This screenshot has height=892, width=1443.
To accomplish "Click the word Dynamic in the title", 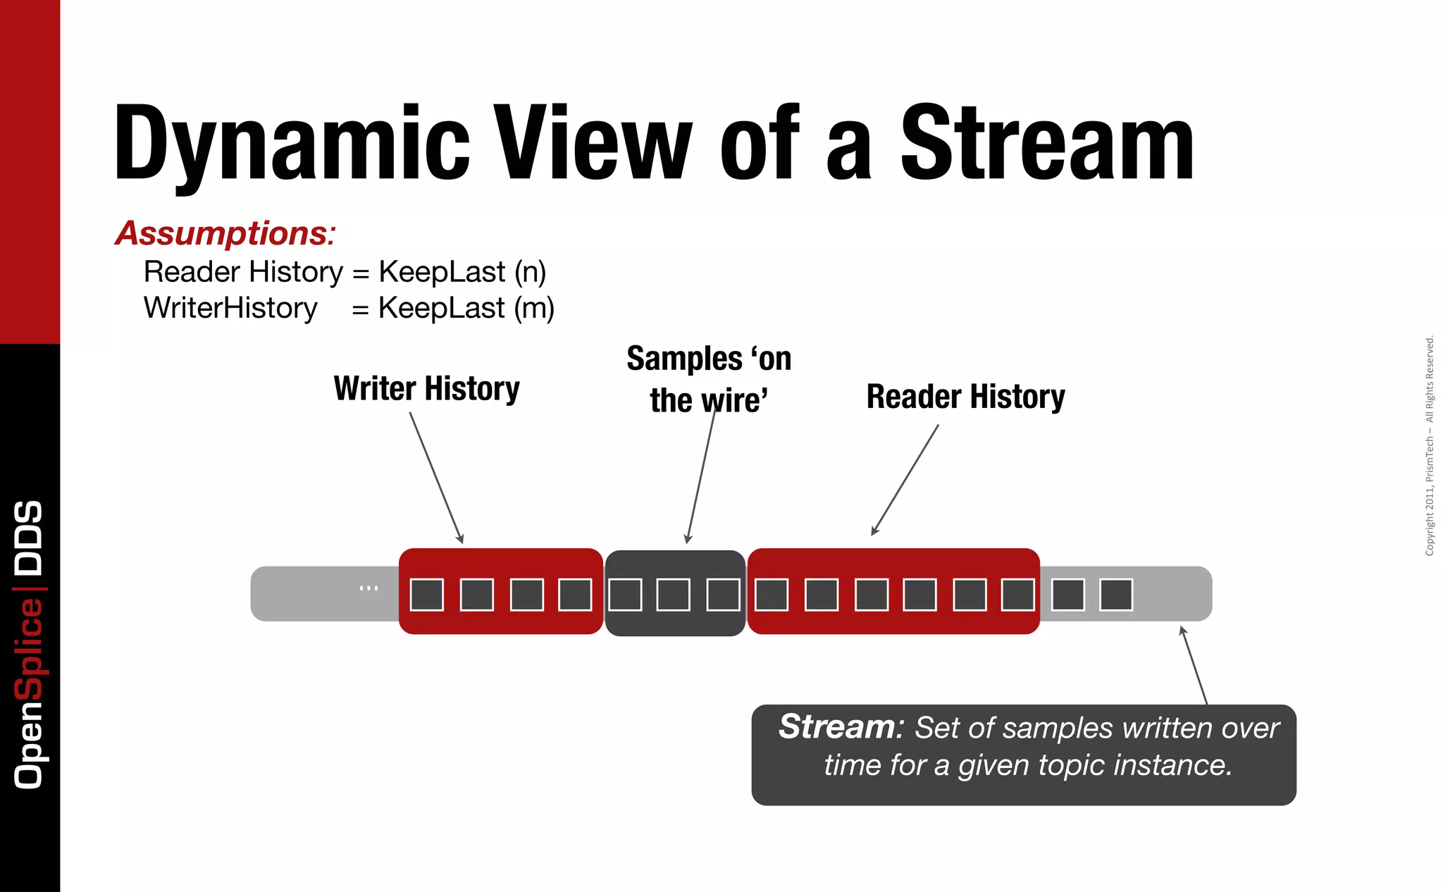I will [x=291, y=143].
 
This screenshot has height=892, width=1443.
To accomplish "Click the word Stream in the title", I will [x=1047, y=143].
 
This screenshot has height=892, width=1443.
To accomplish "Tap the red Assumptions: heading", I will [x=225, y=233].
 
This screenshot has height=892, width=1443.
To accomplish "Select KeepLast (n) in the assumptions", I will [x=462, y=272].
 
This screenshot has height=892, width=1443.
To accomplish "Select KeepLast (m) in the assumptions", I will [x=466, y=308].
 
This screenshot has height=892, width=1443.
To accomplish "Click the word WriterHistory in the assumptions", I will [x=230, y=308].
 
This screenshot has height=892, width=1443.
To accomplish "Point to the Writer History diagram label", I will [x=426, y=388].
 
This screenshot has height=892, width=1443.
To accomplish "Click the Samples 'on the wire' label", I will [x=709, y=379].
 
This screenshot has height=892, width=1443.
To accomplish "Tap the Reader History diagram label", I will [x=965, y=396].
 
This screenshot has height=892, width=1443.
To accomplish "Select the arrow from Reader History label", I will [x=905, y=479].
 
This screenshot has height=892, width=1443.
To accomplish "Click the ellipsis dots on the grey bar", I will [x=369, y=588].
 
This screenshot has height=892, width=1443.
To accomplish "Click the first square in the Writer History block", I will [x=427, y=595].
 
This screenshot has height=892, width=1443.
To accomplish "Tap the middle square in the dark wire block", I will [x=674, y=595].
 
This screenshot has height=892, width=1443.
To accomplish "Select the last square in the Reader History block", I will [x=1018, y=595].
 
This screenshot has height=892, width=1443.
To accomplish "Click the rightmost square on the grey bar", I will [x=1116, y=595].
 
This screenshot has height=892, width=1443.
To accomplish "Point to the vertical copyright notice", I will [x=1430, y=445].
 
